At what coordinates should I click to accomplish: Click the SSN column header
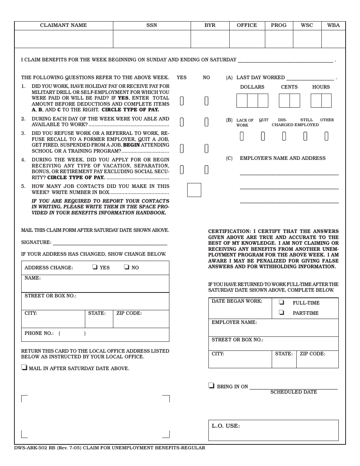152,25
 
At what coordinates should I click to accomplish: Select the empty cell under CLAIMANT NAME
64,39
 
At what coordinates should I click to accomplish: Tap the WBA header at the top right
333,25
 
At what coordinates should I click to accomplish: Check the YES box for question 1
182,101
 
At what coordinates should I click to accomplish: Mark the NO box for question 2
207,122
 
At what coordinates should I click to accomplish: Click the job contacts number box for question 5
194,190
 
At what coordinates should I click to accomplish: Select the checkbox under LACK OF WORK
242,136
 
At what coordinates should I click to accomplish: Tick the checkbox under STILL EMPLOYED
305,136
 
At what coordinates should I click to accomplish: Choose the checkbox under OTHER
326,136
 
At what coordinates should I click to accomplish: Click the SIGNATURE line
110,242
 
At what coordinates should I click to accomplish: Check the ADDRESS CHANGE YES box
94,267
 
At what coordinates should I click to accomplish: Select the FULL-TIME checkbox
282,302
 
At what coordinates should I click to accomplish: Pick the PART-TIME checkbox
282,313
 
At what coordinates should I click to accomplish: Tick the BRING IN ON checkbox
211,386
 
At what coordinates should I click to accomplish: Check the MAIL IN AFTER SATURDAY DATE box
24,367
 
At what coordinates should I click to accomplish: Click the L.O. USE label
225,426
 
